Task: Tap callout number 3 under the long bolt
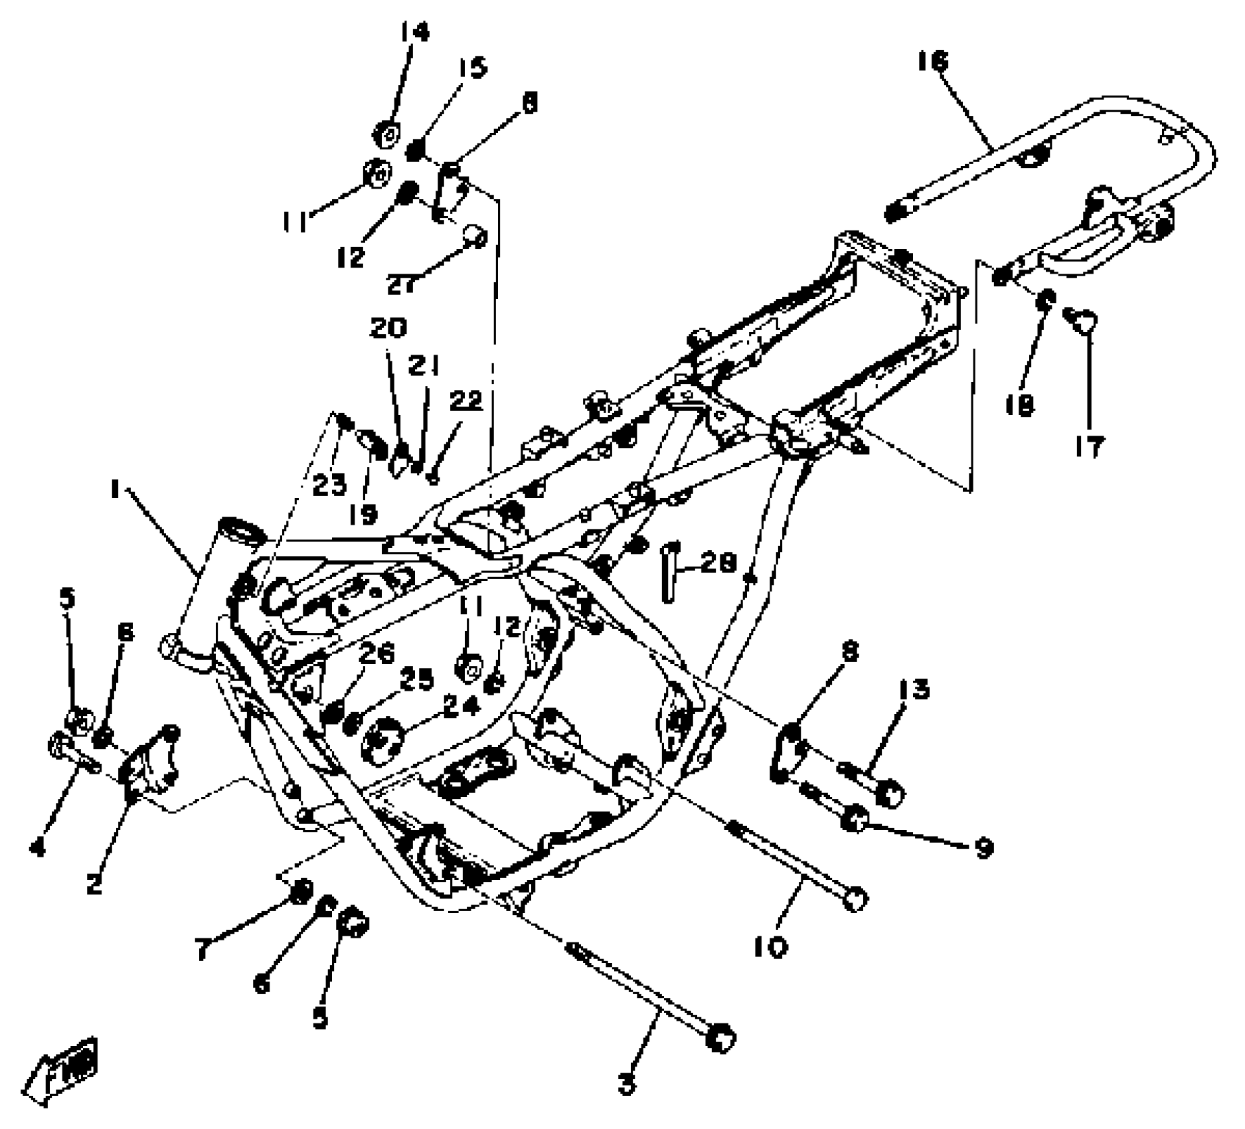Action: coord(626,1083)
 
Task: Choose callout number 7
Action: coord(203,949)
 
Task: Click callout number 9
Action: coord(983,847)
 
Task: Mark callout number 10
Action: coord(770,946)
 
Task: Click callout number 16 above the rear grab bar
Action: coord(933,62)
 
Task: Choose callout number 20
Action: coord(388,328)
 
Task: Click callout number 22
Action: coord(466,400)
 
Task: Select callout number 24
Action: coord(461,706)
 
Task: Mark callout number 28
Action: coord(718,563)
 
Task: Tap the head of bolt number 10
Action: coord(855,899)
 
